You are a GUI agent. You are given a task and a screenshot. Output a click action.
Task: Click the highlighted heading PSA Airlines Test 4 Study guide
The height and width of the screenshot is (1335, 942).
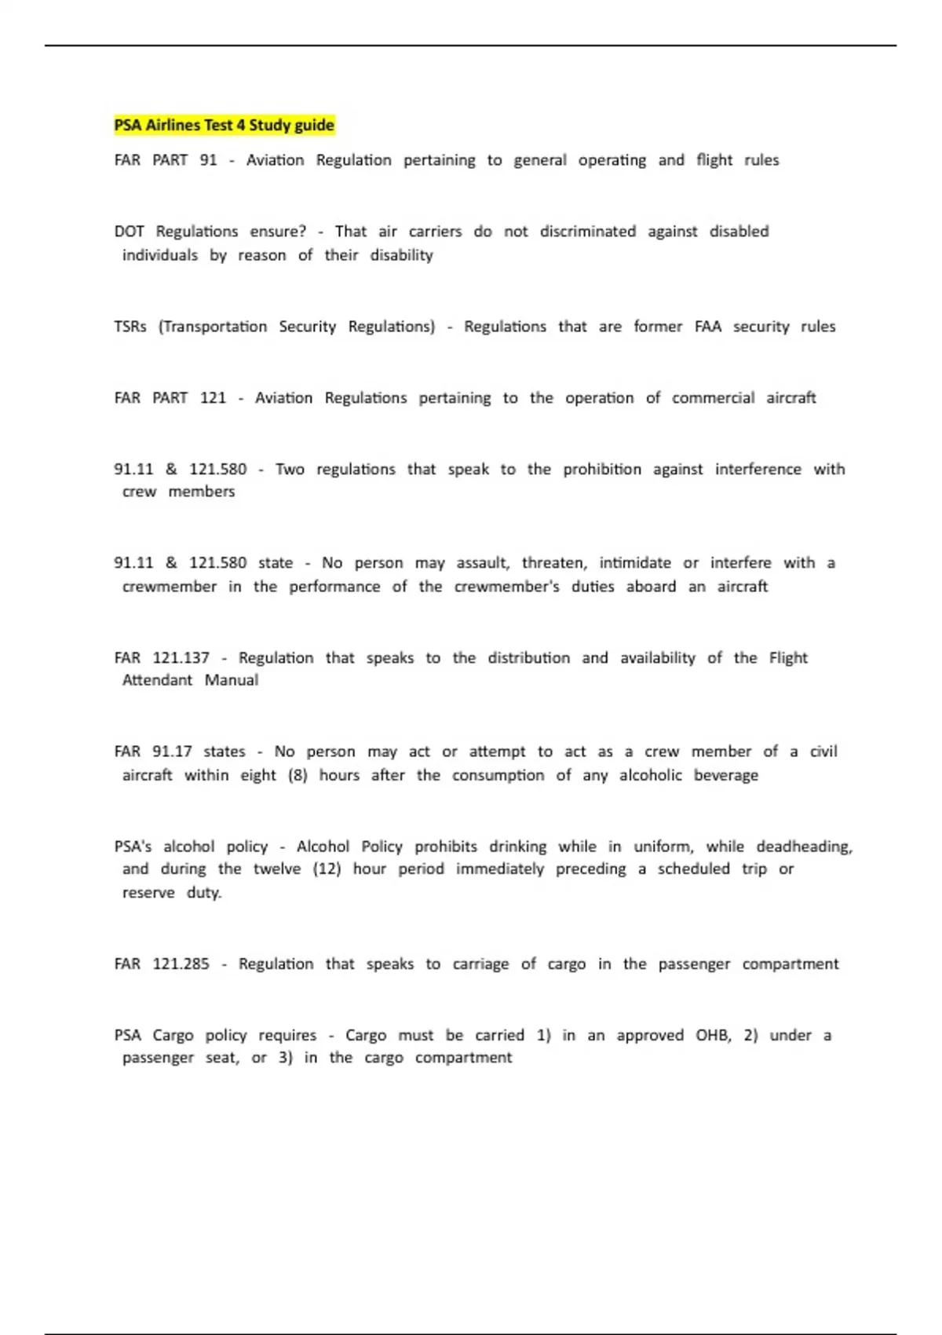(x=225, y=125)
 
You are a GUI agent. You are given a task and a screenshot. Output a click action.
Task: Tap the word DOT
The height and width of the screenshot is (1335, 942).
(x=129, y=232)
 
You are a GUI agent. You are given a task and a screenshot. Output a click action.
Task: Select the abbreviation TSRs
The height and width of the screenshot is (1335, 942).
(x=130, y=327)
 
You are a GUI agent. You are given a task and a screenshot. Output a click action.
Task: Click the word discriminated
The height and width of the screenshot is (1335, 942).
(x=587, y=232)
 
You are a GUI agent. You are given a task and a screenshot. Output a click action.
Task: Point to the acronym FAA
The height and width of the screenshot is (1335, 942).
(x=707, y=327)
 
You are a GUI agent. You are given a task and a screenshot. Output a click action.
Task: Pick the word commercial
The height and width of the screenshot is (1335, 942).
(x=713, y=398)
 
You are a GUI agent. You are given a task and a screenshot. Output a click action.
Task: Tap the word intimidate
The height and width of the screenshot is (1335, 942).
(x=635, y=563)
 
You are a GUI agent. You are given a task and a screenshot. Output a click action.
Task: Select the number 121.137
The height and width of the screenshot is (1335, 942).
(x=181, y=658)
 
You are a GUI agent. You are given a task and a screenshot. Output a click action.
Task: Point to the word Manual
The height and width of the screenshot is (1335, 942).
(x=231, y=680)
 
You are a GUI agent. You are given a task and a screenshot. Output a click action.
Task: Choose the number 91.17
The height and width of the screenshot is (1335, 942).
(x=172, y=752)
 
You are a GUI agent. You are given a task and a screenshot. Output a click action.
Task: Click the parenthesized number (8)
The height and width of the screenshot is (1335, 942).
(x=298, y=775)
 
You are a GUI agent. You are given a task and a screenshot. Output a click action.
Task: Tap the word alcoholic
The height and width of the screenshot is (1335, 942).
(x=650, y=775)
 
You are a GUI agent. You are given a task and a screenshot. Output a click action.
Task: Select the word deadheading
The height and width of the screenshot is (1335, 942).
(x=804, y=847)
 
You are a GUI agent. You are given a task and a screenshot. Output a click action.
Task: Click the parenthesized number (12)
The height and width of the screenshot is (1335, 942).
(x=327, y=869)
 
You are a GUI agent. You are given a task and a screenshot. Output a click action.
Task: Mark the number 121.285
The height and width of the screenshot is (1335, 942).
(x=181, y=964)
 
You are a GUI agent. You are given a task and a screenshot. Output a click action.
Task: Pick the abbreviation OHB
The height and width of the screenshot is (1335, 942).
(x=713, y=1036)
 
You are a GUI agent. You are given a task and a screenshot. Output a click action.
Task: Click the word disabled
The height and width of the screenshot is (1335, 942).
(x=739, y=232)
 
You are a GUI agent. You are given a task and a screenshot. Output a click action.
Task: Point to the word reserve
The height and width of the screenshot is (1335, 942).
(x=148, y=893)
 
